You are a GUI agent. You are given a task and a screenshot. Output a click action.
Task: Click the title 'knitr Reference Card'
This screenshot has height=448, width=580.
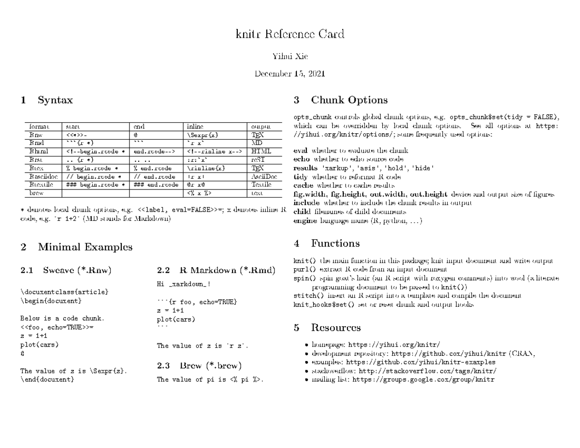pos(290,34)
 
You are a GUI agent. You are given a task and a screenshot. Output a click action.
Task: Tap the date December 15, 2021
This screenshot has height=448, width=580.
pos(290,74)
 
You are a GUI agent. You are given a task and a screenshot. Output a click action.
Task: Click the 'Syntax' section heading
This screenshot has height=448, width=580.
pos(56,101)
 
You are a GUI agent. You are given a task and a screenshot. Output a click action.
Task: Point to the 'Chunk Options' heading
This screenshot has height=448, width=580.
pos(349,101)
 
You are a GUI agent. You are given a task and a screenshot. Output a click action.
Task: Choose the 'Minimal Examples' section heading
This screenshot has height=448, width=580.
pos(85,247)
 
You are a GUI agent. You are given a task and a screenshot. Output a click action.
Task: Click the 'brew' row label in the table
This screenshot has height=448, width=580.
pos(37,193)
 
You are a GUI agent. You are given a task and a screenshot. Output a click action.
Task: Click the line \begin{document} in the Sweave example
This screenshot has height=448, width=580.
pos(51,301)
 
